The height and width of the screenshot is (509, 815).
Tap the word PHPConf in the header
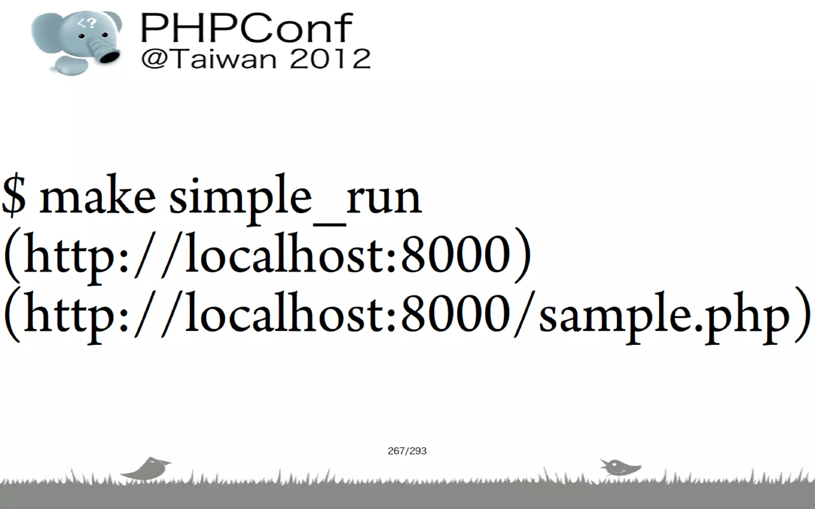246,28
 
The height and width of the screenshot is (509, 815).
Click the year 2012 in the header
330,60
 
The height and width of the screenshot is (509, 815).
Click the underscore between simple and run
330,225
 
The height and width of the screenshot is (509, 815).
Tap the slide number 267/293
407,451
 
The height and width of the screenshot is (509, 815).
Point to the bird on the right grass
619,467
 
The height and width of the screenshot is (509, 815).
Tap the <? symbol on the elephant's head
87,23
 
